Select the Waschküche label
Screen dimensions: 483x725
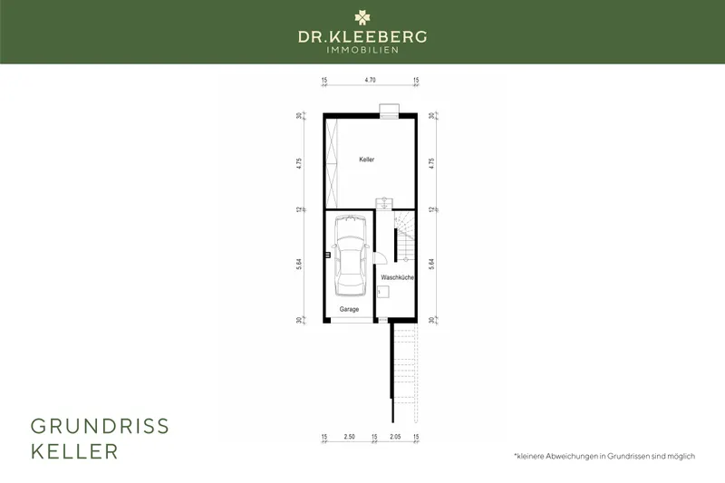[x=397, y=277]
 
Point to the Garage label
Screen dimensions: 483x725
[x=349, y=309]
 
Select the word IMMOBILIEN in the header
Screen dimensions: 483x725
[x=362, y=50]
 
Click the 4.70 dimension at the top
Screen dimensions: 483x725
[x=370, y=81]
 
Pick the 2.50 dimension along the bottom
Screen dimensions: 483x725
[x=349, y=437]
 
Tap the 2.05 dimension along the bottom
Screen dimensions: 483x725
[x=395, y=437]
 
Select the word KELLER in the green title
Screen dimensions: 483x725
[x=74, y=451]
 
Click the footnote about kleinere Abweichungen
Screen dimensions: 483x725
[x=603, y=455]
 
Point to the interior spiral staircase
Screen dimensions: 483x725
[x=405, y=232]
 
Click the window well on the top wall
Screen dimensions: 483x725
[x=390, y=110]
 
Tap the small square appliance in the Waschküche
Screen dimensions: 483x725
[x=384, y=291]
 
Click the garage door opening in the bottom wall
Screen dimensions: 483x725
[x=350, y=320]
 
